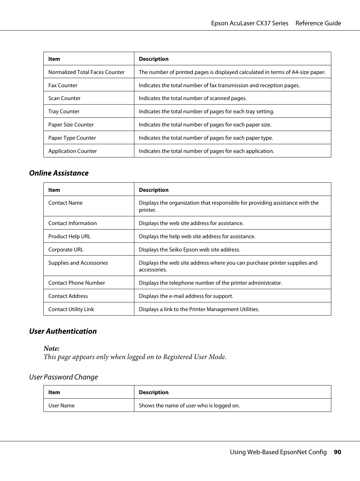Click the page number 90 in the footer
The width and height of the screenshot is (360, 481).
tap(337, 452)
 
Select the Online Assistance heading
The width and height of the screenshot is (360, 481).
tap(59, 173)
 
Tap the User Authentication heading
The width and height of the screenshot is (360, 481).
tap(63, 331)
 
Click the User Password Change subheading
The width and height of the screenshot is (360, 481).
tap(63, 377)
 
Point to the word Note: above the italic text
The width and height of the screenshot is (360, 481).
tap(51, 348)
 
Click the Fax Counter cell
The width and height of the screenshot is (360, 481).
tap(63, 85)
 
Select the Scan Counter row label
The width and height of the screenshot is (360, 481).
tap(64, 98)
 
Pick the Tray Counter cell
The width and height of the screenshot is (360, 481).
tap(64, 111)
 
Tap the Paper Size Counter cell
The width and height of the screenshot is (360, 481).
tap(71, 125)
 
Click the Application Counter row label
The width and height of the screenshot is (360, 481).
tap(72, 151)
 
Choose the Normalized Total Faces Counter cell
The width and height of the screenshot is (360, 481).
tap(86, 72)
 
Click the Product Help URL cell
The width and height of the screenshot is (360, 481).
tap(69, 236)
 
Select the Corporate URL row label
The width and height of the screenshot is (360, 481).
tap(66, 250)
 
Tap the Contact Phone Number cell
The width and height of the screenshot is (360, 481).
tap(77, 283)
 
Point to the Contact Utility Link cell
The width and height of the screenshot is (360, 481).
tap(71, 309)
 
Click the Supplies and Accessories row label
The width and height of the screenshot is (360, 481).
tap(78, 263)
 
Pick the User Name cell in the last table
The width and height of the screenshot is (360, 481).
tap(62, 405)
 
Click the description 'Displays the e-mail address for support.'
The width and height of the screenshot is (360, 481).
tap(186, 296)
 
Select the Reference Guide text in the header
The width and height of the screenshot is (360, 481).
tap(318, 23)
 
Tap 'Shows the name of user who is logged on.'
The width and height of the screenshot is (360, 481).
tap(189, 405)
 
